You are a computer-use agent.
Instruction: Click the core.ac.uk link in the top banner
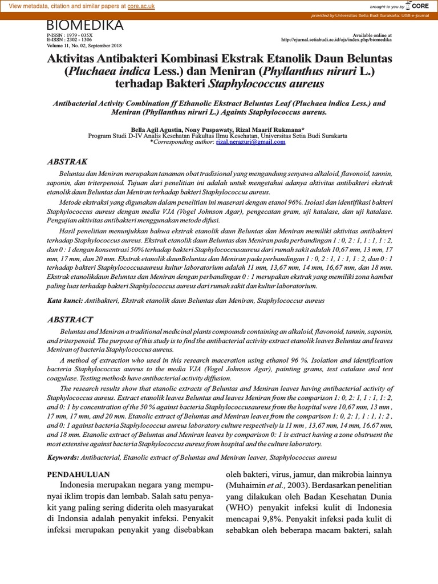pyautogui.click(x=141, y=6)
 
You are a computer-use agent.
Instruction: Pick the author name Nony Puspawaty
pyautogui.click(x=207, y=130)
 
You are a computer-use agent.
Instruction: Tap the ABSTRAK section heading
pyautogui.click(x=67, y=162)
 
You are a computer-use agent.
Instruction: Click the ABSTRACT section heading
pyautogui.click(x=70, y=319)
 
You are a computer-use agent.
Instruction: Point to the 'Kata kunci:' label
pyautogui.click(x=65, y=300)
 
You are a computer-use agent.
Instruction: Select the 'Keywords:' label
pyautogui.click(x=63, y=457)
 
